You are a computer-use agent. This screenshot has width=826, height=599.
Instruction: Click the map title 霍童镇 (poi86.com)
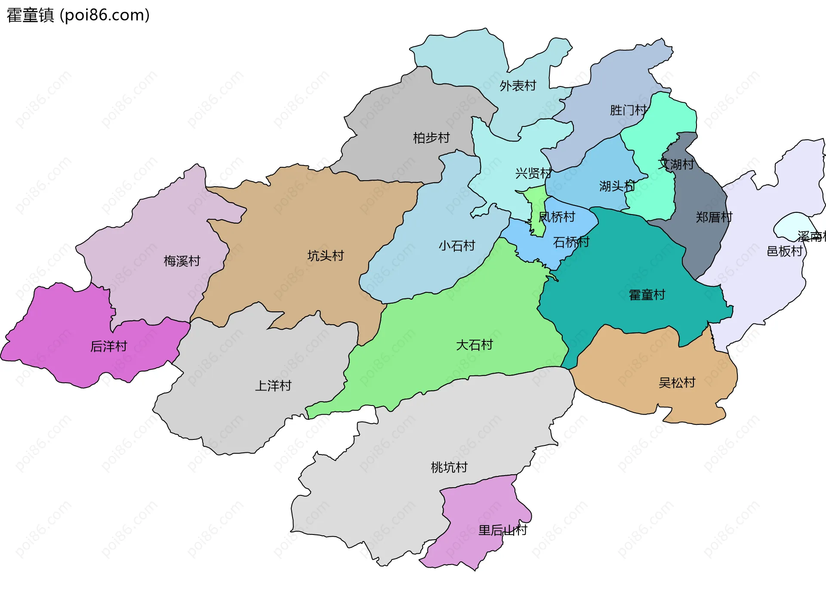pyautogui.click(x=78, y=15)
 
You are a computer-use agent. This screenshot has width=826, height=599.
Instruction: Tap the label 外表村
pyautogui.click(x=518, y=86)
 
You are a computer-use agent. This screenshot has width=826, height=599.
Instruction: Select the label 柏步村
pyautogui.click(x=431, y=138)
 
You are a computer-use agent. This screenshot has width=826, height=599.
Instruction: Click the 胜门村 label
pyautogui.click(x=628, y=111)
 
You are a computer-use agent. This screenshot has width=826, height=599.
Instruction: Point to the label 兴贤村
pyautogui.click(x=533, y=173)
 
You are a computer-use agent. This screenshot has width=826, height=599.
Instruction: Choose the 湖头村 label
pyautogui.click(x=617, y=186)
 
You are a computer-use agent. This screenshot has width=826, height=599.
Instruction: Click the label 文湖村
pyautogui.click(x=675, y=164)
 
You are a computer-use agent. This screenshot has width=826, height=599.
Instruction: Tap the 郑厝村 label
pyautogui.click(x=714, y=217)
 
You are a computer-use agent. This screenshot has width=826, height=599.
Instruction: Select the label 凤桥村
pyautogui.click(x=557, y=217)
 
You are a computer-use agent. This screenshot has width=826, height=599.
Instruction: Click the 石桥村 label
pyautogui.click(x=571, y=243)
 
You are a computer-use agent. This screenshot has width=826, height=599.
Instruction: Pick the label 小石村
pyautogui.click(x=457, y=246)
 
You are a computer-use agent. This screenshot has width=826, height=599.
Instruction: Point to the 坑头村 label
pyautogui.click(x=326, y=256)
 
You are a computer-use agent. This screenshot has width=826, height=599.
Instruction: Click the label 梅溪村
pyautogui.click(x=182, y=261)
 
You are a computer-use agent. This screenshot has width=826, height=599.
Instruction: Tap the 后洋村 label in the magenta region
pyautogui.click(x=109, y=347)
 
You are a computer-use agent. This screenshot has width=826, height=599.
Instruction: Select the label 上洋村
pyautogui.click(x=273, y=386)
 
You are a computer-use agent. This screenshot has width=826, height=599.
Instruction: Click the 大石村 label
pyautogui.click(x=474, y=345)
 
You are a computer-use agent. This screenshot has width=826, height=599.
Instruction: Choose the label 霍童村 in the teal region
pyautogui.click(x=647, y=295)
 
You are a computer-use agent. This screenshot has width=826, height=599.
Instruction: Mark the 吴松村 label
pyautogui.click(x=677, y=383)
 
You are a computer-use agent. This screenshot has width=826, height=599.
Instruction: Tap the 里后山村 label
pyautogui.click(x=502, y=530)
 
